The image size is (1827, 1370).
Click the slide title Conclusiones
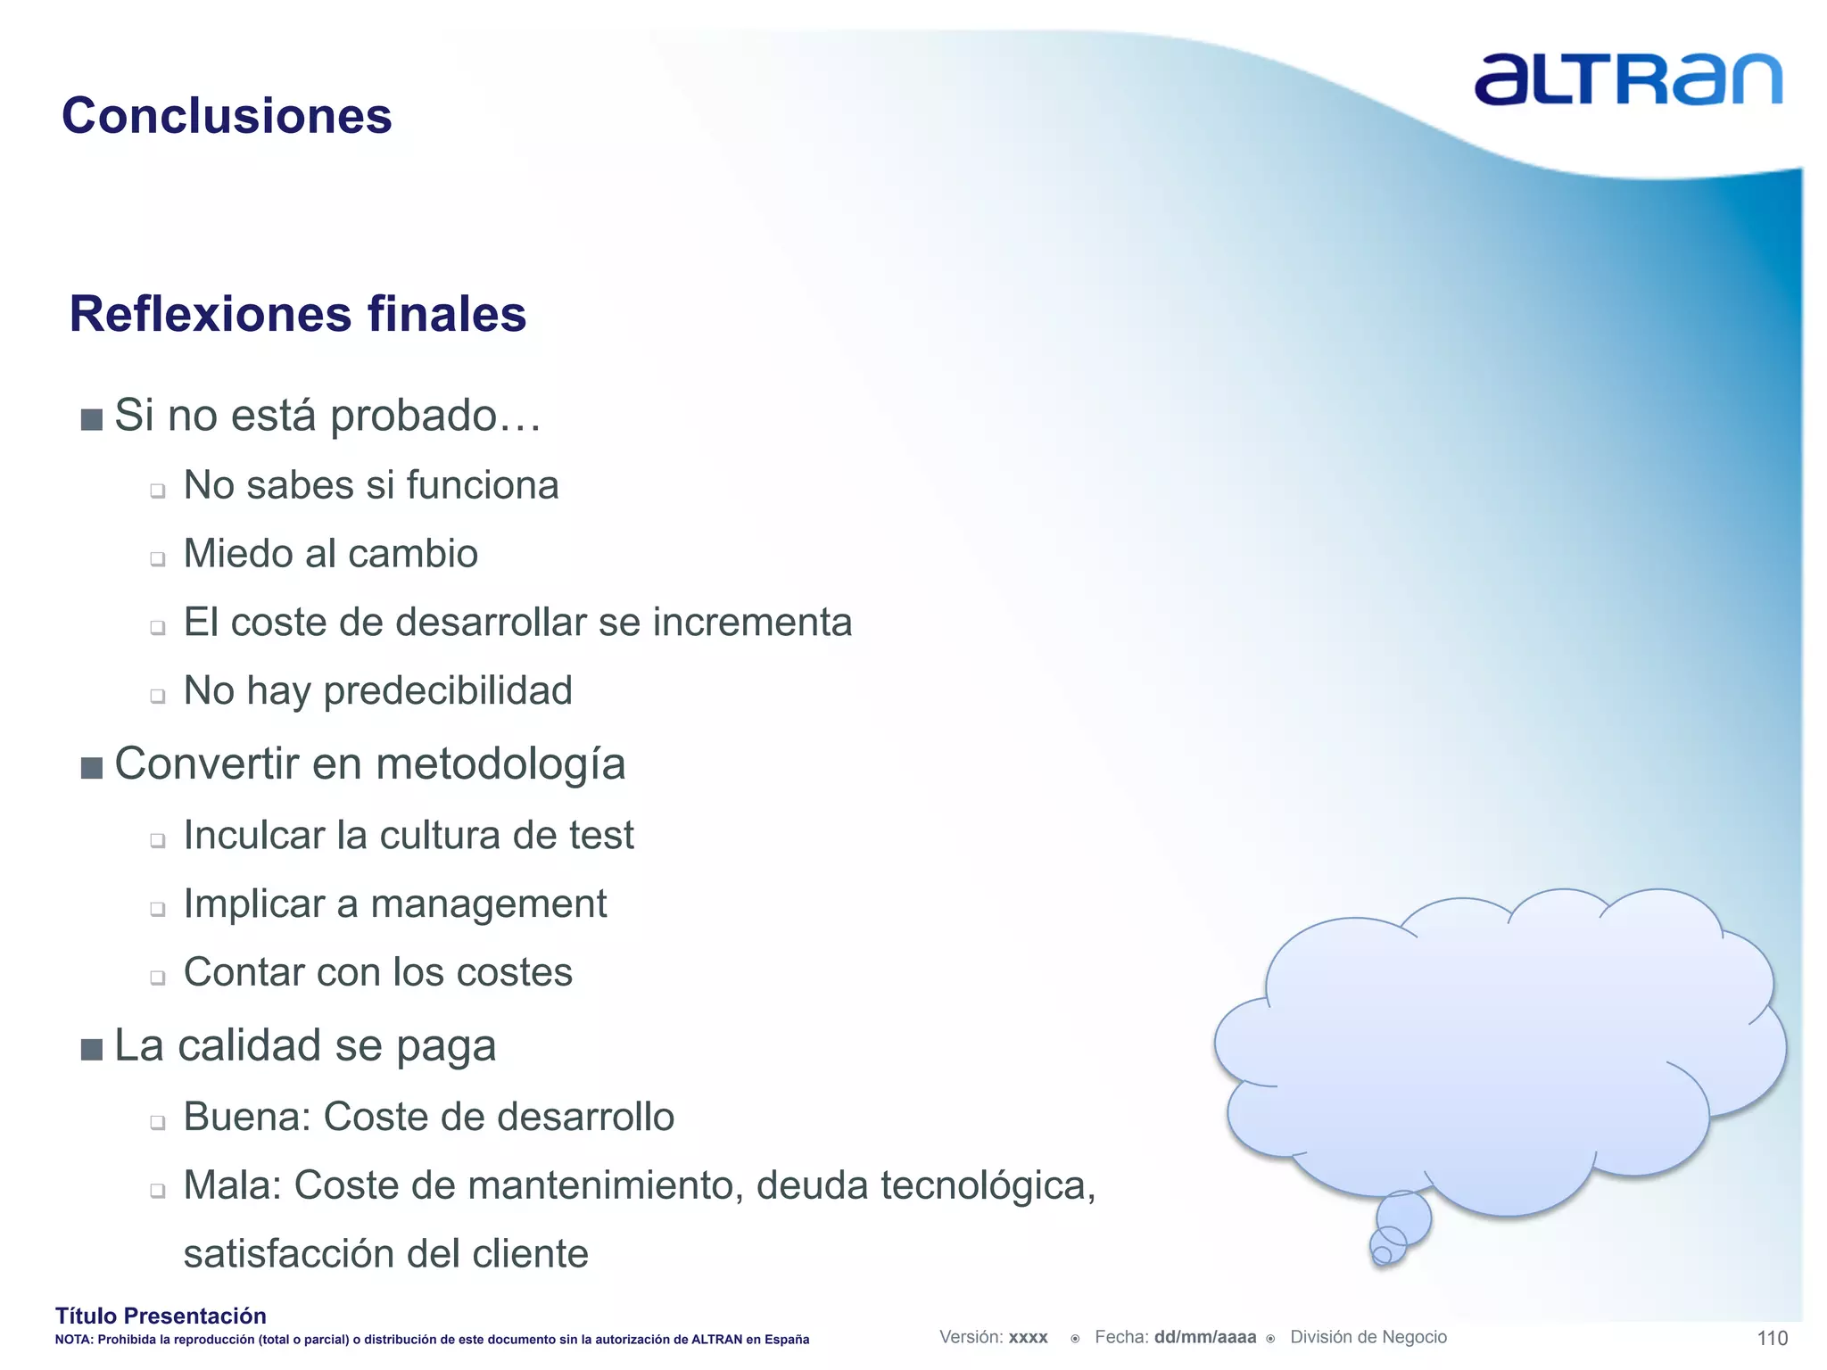(227, 116)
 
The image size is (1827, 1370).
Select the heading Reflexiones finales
(298, 314)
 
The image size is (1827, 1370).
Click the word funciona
(483, 486)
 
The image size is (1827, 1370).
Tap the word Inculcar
(253, 836)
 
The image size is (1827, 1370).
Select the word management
(488, 904)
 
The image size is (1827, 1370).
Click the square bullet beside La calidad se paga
(92, 1049)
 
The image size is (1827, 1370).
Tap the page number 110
(1772, 1338)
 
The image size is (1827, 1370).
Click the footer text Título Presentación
(161, 1316)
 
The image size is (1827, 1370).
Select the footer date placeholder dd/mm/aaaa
(1204, 1337)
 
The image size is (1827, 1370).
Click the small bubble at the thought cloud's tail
(1382, 1254)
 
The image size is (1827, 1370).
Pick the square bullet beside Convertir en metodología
(92, 768)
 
